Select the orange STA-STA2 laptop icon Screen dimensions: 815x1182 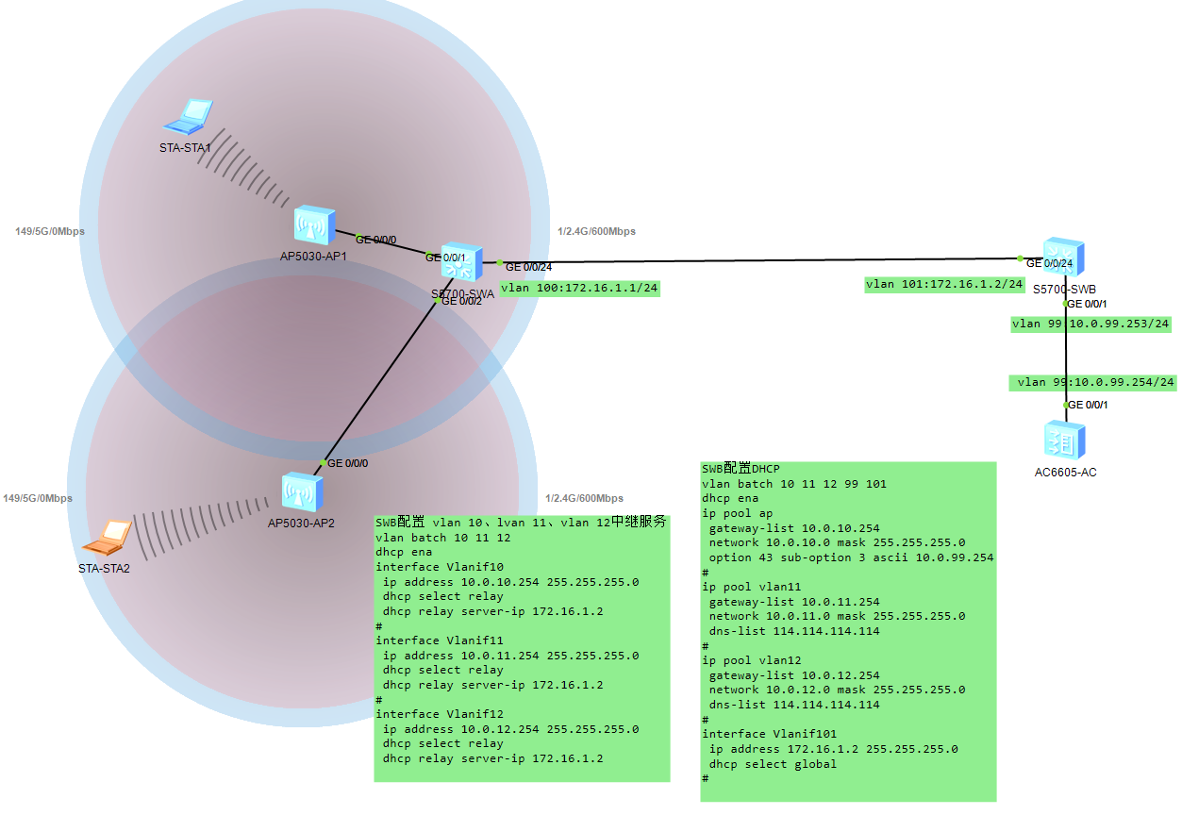(x=107, y=538)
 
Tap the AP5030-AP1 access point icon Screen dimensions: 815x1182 (x=313, y=226)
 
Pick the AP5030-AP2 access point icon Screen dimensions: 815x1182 (x=302, y=492)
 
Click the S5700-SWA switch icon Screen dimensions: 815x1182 (x=461, y=262)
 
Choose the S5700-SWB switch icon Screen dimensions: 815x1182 (x=1064, y=258)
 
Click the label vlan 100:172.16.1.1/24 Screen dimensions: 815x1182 (x=579, y=289)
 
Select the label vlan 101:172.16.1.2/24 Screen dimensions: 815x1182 (x=945, y=284)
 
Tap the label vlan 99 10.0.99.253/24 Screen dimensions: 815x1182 (x=1090, y=324)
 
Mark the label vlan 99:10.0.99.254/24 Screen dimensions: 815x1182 (x=1095, y=382)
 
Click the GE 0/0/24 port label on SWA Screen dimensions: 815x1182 (x=529, y=267)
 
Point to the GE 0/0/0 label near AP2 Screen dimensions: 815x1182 (x=347, y=463)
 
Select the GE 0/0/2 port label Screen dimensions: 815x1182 (x=461, y=301)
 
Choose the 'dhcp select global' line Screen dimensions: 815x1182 (x=773, y=764)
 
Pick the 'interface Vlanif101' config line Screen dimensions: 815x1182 (x=769, y=734)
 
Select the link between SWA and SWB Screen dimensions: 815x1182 (x=755, y=260)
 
